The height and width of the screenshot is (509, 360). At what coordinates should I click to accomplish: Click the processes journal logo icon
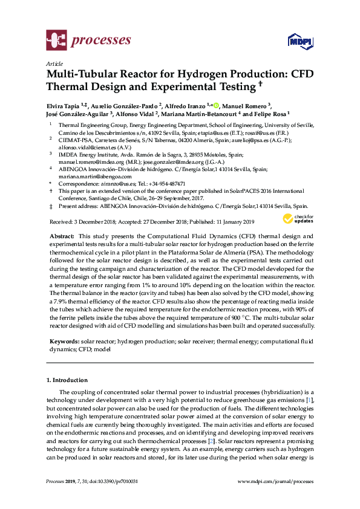(56, 41)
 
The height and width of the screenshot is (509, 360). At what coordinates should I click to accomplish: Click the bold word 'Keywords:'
(64, 342)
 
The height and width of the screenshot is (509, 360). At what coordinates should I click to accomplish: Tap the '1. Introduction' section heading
(67, 380)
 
